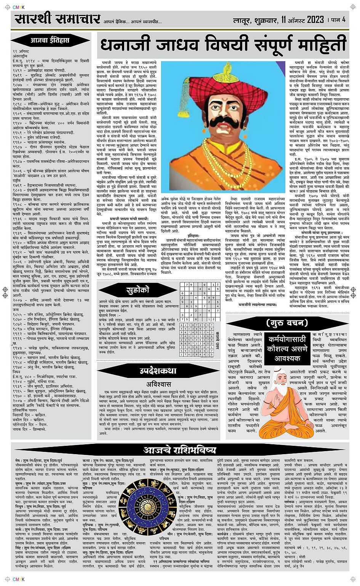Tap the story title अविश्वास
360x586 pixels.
coord(158,384)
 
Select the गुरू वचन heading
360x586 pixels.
coord(287,323)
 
